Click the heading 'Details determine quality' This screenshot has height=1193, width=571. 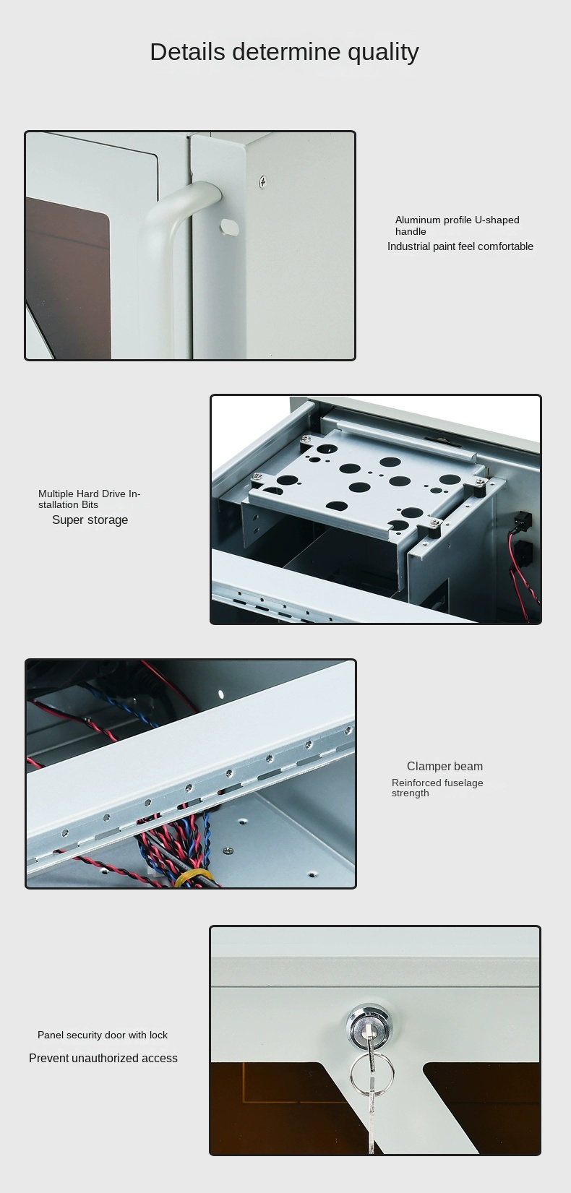pyautogui.click(x=285, y=52)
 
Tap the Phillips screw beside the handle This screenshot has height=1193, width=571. pyautogui.click(x=262, y=181)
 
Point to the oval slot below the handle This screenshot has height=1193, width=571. pyautogui.click(x=229, y=227)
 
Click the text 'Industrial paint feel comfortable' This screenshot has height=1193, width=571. pyautogui.click(x=460, y=246)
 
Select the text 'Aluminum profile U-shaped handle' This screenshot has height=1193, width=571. pyautogui.click(x=457, y=225)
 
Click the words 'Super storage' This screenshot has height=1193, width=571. pyautogui.click(x=90, y=520)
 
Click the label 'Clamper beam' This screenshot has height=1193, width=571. pyautogui.click(x=445, y=767)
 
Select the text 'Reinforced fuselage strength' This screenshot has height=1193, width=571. pyautogui.click(x=437, y=788)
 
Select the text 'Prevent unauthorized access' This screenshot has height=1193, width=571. pyautogui.click(x=103, y=1059)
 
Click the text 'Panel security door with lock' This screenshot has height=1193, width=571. pyautogui.click(x=102, y=1035)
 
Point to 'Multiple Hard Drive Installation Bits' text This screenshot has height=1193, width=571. pyautogui.click(x=90, y=499)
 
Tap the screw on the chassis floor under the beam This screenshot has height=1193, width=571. pyautogui.click(x=228, y=850)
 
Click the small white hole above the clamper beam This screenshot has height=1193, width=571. pyautogui.click(x=221, y=694)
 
